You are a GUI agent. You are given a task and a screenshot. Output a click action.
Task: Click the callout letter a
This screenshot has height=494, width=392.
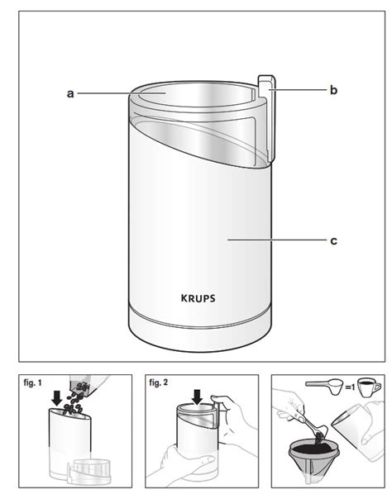[x=70, y=93]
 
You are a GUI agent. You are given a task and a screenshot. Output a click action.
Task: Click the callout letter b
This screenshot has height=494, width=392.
[x=333, y=90]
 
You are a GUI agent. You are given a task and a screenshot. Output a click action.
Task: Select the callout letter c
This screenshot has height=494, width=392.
[x=333, y=241]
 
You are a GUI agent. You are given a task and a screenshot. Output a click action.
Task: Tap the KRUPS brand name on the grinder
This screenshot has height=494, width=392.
[x=198, y=298]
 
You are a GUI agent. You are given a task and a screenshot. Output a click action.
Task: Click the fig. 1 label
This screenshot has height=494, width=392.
[x=32, y=383]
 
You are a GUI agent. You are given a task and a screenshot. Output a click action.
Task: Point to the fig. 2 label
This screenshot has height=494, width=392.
[x=159, y=382]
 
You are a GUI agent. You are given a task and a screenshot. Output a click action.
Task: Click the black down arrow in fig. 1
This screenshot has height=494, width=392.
[x=57, y=398]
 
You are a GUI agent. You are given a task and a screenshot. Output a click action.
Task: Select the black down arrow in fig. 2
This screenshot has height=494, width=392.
[x=198, y=397]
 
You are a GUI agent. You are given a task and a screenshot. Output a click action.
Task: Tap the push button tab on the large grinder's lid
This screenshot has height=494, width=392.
[x=267, y=119]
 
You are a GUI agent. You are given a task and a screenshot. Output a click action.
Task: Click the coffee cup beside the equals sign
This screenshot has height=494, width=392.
[x=369, y=387]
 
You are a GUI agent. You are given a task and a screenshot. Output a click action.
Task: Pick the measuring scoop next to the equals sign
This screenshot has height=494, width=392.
[x=324, y=387]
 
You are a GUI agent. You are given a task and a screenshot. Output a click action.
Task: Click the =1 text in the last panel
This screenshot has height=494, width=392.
[x=350, y=387]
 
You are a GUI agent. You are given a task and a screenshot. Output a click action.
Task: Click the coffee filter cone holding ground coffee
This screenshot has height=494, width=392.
[x=313, y=456]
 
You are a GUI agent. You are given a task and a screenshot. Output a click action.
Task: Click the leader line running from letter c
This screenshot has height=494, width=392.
[x=277, y=240]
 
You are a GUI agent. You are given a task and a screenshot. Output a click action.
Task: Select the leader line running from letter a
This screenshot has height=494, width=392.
[x=122, y=93]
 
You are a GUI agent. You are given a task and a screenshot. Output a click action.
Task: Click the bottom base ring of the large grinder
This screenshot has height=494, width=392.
[x=200, y=332]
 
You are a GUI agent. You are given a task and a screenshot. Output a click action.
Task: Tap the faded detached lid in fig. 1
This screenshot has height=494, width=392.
[x=89, y=471]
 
